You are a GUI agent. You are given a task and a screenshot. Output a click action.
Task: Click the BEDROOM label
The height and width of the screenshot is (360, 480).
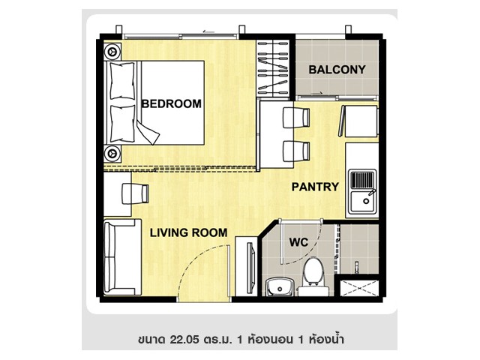(172, 103)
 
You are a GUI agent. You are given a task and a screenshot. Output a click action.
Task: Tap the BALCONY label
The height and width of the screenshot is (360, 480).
(337, 70)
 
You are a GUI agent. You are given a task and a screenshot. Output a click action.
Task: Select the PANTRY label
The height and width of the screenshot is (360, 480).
(315, 187)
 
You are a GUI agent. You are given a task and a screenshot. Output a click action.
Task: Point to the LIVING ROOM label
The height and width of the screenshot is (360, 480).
(188, 233)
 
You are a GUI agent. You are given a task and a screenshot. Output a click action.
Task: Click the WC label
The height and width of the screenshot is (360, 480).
(298, 242)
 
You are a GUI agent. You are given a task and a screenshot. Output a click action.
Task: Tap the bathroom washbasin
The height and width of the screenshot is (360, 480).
(280, 286)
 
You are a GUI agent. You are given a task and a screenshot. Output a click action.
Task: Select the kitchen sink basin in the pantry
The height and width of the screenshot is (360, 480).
(363, 201)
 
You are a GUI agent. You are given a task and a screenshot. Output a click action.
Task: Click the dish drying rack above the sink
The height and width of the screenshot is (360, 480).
(362, 180)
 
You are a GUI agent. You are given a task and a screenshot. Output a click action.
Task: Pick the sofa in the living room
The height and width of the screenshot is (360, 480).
(122, 257)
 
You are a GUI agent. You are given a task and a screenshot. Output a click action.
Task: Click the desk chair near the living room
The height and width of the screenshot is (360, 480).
(135, 193)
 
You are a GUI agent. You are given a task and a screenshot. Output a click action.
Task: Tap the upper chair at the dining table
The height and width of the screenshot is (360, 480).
(296, 118)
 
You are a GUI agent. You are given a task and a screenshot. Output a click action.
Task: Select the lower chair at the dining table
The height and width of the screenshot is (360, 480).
(296, 151)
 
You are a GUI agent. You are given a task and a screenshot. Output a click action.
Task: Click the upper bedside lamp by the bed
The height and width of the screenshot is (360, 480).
(112, 52)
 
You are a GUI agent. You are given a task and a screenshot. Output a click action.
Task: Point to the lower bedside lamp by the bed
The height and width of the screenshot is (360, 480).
(112, 153)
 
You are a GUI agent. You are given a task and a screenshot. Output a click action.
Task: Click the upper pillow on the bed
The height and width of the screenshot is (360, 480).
(122, 81)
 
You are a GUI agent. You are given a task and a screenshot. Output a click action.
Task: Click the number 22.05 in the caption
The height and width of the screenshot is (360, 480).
(184, 339)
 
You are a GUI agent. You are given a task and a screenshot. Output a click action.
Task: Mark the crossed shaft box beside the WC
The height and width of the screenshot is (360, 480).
(360, 288)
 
